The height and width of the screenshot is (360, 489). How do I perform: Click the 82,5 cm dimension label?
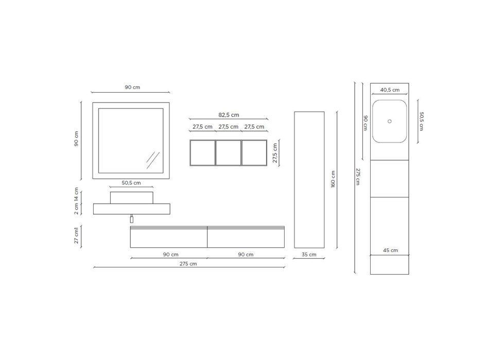(x=229, y=115)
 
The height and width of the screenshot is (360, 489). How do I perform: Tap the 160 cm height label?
(x=333, y=179)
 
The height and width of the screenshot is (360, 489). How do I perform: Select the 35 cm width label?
(x=309, y=255)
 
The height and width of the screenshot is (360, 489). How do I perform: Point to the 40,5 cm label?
(x=390, y=90)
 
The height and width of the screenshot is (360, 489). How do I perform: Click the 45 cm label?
(x=391, y=250)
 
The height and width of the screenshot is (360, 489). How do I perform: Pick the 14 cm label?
(x=76, y=195)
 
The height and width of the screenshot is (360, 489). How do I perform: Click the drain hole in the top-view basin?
(x=390, y=121)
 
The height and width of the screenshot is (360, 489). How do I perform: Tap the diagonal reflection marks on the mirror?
(x=153, y=160)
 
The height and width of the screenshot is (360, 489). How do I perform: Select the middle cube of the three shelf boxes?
(x=228, y=153)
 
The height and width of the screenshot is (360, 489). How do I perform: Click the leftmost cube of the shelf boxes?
(x=203, y=153)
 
